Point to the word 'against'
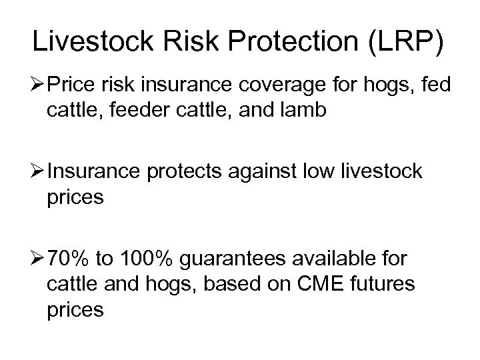[279, 172]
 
